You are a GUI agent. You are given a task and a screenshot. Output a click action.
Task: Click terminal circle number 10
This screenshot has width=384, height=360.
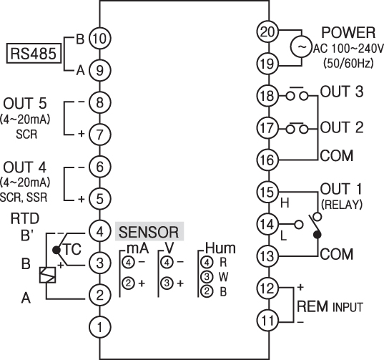tap(99, 39)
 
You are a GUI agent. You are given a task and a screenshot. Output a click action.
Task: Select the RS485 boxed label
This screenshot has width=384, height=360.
tap(34, 54)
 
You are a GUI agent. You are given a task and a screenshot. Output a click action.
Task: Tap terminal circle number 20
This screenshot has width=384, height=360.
tap(267, 31)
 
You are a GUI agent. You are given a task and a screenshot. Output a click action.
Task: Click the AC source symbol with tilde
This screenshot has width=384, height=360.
tap(302, 47)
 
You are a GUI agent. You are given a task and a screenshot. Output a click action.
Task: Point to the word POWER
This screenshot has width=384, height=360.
tap(348, 32)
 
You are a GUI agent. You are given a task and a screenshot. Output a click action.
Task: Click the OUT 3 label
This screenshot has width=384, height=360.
tap(342, 92)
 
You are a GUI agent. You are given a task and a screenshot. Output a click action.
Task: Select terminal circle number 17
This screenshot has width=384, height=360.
tap(267, 127)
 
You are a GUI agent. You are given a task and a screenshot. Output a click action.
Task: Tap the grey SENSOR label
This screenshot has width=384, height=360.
tap(149, 232)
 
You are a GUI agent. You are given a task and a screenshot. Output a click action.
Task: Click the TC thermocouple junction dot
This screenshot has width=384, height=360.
tap(56, 250)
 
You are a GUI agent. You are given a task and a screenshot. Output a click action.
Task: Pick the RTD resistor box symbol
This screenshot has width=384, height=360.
tap(47, 275)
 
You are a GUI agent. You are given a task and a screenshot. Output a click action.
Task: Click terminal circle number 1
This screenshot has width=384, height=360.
tap(99, 327)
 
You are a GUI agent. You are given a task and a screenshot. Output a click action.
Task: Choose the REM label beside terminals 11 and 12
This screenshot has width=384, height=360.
tap(312, 306)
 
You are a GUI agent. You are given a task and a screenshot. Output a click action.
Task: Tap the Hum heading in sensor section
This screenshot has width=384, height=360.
tap(220, 248)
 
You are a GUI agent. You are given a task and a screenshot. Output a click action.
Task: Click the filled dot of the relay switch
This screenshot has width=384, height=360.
tap(317, 235)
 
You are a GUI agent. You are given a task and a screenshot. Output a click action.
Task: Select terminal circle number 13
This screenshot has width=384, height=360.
tap(267, 256)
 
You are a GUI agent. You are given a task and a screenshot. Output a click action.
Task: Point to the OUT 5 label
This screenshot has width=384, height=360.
tap(25, 103)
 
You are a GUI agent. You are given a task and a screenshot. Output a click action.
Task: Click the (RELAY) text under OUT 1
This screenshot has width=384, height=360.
tap(342, 205)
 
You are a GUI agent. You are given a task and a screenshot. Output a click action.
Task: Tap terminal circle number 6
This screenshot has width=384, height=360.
tap(99, 167)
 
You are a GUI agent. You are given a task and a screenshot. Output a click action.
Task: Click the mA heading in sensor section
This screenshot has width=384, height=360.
tap(137, 248)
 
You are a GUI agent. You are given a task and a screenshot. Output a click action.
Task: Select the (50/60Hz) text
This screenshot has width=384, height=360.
tap(348, 63)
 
